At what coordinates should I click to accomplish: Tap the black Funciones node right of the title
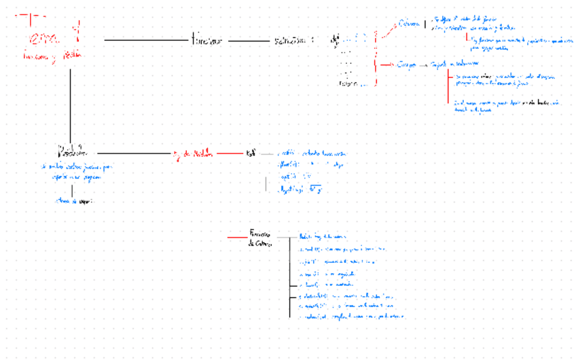pyautogui.click(x=207, y=41)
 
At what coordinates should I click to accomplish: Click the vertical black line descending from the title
pyautogui.click(x=71, y=102)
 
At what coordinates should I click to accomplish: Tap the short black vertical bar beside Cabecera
pyautogui.click(x=425, y=25)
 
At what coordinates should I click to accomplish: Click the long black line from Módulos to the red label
pyautogui.click(x=136, y=153)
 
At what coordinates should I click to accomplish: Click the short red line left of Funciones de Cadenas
pyautogui.click(x=238, y=236)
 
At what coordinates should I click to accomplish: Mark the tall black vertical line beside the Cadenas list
pyautogui.click(x=290, y=278)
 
